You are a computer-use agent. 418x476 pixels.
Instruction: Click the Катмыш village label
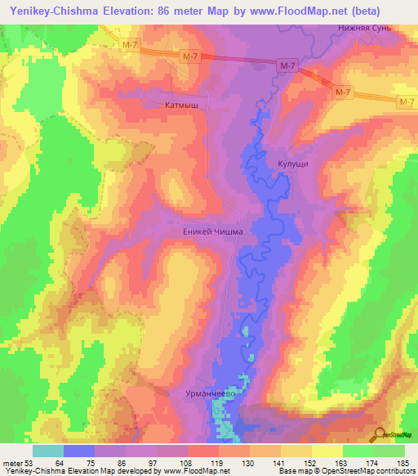[x=182, y=105]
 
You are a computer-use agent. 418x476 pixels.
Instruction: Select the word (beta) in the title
[x=388, y=11]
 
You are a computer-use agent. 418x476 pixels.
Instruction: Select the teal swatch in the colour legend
[x=48, y=450]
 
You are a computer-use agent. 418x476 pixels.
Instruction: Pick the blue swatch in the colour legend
[x=79, y=450]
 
